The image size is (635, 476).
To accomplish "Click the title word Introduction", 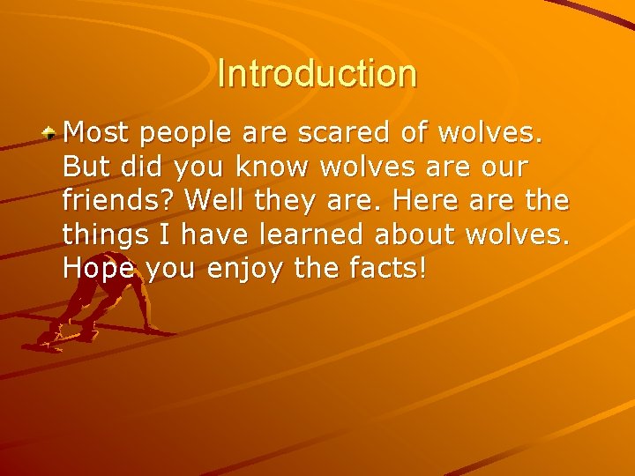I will coord(317,73).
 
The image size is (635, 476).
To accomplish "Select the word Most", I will coord(96,133).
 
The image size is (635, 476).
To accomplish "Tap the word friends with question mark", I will coord(120,200).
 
